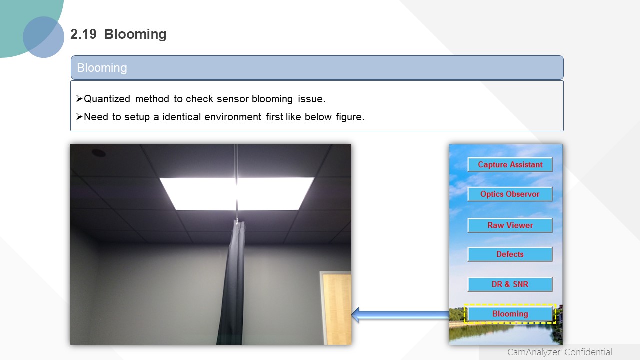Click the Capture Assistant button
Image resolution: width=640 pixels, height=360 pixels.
pos(510,165)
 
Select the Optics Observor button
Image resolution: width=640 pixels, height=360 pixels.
pos(510,194)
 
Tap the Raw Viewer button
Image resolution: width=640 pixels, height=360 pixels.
pos(510,225)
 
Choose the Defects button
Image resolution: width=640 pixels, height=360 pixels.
pos(510,254)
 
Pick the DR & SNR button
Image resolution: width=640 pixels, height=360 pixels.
pos(510,284)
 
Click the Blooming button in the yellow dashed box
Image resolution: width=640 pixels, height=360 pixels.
pos(510,313)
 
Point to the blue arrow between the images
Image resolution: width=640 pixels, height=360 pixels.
pos(400,315)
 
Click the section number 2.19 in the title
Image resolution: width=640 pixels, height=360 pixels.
pos(83,34)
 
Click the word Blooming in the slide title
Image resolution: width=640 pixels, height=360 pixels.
pos(135,34)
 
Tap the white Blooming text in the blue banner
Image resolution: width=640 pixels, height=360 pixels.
pos(102,68)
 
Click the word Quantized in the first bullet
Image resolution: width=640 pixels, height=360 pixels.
pos(107,99)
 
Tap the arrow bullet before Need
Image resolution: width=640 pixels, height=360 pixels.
pos(79,117)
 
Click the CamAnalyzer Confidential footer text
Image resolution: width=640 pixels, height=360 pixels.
pos(559,352)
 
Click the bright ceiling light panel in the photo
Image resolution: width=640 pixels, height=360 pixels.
pos(237,194)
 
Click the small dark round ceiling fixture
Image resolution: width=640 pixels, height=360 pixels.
pos(99,153)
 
